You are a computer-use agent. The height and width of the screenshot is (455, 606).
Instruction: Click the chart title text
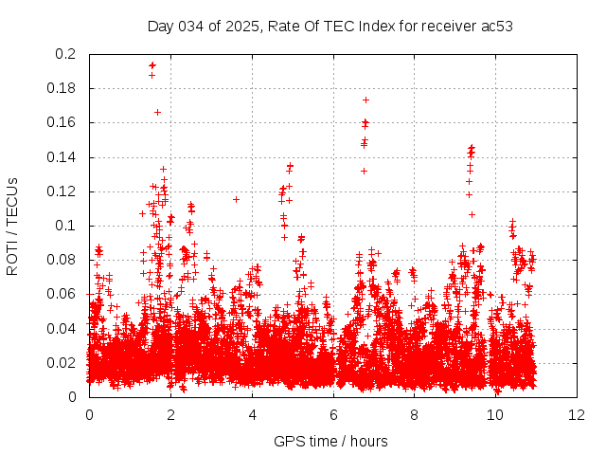click(330, 26)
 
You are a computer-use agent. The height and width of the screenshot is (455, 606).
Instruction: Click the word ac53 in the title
click(495, 26)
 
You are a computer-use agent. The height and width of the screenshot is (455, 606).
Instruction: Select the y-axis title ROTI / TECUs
click(12, 227)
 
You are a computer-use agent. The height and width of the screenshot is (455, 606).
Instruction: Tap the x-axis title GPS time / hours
click(330, 441)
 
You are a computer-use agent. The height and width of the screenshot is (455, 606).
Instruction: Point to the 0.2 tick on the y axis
click(66, 54)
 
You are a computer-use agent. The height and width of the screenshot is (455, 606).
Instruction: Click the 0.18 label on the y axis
click(62, 88)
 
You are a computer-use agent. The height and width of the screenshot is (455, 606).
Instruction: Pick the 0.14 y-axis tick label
click(62, 157)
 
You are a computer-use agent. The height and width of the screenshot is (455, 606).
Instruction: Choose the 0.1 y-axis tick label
click(66, 226)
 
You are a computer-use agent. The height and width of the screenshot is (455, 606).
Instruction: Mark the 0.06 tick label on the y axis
click(62, 294)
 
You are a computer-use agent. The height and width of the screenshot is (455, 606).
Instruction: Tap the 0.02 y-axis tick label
click(62, 363)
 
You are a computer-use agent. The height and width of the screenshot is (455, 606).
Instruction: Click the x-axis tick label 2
click(170, 414)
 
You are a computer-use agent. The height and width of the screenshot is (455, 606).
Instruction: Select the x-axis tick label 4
click(252, 414)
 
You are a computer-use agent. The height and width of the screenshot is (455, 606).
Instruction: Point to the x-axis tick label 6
click(333, 414)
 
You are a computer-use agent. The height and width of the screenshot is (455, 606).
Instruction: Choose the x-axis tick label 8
click(415, 414)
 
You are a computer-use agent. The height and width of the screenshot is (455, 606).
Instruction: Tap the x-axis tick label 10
click(496, 414)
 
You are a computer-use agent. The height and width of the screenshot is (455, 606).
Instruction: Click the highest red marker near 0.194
click(151, 65)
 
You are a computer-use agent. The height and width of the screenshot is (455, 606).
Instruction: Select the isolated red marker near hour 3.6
click(236, 199)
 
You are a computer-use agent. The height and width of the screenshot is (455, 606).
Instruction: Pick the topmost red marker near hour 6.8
click(365, 100)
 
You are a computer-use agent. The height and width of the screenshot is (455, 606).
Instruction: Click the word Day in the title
click(161, 26)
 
